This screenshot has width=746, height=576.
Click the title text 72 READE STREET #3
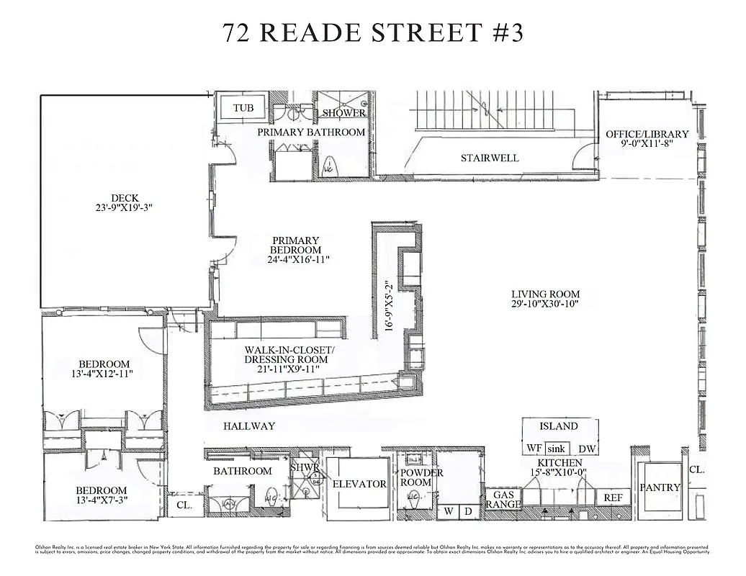[x=372, y=33]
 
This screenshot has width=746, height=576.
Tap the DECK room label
[x=125, y=198]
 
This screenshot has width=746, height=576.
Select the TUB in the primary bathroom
[x=243, y=109]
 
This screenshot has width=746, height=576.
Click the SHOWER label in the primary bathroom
[x=343, y=113]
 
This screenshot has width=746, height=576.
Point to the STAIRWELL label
[x=490, y=158]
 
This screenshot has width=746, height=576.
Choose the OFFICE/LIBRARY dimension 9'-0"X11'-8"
[x=647, y=144]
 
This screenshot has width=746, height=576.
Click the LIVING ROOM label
[x=545, y=294]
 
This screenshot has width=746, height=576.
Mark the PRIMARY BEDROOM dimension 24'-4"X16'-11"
[x=295, y=260]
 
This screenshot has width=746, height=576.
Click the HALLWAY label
[x=248, y=426]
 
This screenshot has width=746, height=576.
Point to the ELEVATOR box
[x=359, y=484]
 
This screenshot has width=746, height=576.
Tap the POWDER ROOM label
[x=422, y=478]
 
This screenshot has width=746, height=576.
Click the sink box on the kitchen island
[x=556, y=449]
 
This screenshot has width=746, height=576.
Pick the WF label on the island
[x=533, y=449]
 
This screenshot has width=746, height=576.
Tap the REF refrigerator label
[x=613, y=498]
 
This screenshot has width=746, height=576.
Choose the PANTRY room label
[x=660, y=487]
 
